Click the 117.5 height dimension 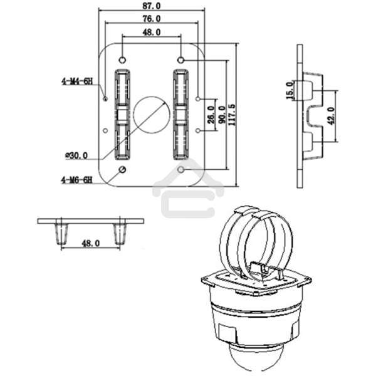point(232,115)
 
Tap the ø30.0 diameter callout point(76,155)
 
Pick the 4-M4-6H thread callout point(76,81)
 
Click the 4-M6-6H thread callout point(76,179)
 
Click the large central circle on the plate point(151,114)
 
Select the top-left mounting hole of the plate point(122,60)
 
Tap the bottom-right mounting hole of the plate point(181,170)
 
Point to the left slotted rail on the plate point(121,114)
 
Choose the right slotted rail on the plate point(180,114)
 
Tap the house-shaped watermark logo point(187,188)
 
